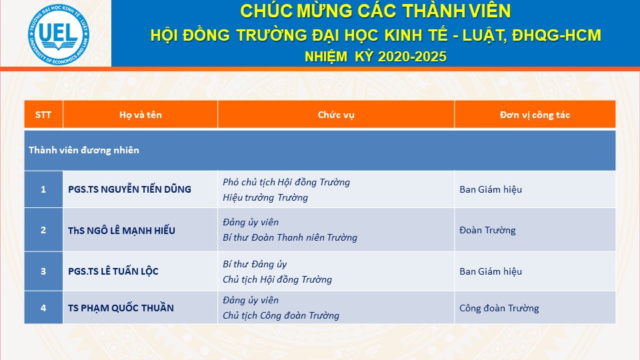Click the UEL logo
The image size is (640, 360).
59,34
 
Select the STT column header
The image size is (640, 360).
43,115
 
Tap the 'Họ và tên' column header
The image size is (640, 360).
141,115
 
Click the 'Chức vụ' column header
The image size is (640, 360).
336,115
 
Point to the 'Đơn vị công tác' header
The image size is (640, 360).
535,115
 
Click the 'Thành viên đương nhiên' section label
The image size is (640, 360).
84,150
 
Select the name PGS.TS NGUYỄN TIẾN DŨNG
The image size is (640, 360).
129,189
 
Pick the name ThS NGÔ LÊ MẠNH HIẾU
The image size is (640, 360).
121,230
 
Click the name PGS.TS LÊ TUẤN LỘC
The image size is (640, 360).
113,271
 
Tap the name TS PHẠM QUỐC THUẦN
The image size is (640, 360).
121,308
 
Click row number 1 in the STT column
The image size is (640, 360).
43,189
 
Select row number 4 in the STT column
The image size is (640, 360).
43,308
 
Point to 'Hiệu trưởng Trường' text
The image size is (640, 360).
265,197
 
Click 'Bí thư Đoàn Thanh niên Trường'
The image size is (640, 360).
290,237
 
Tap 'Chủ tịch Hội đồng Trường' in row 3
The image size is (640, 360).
277,279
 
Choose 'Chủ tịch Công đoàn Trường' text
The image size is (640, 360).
281,315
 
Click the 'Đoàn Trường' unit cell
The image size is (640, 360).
487,230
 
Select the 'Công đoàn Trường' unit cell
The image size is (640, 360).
499,308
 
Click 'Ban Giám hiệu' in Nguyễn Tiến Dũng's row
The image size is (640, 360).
491,189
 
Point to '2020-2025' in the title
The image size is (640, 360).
412,56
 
